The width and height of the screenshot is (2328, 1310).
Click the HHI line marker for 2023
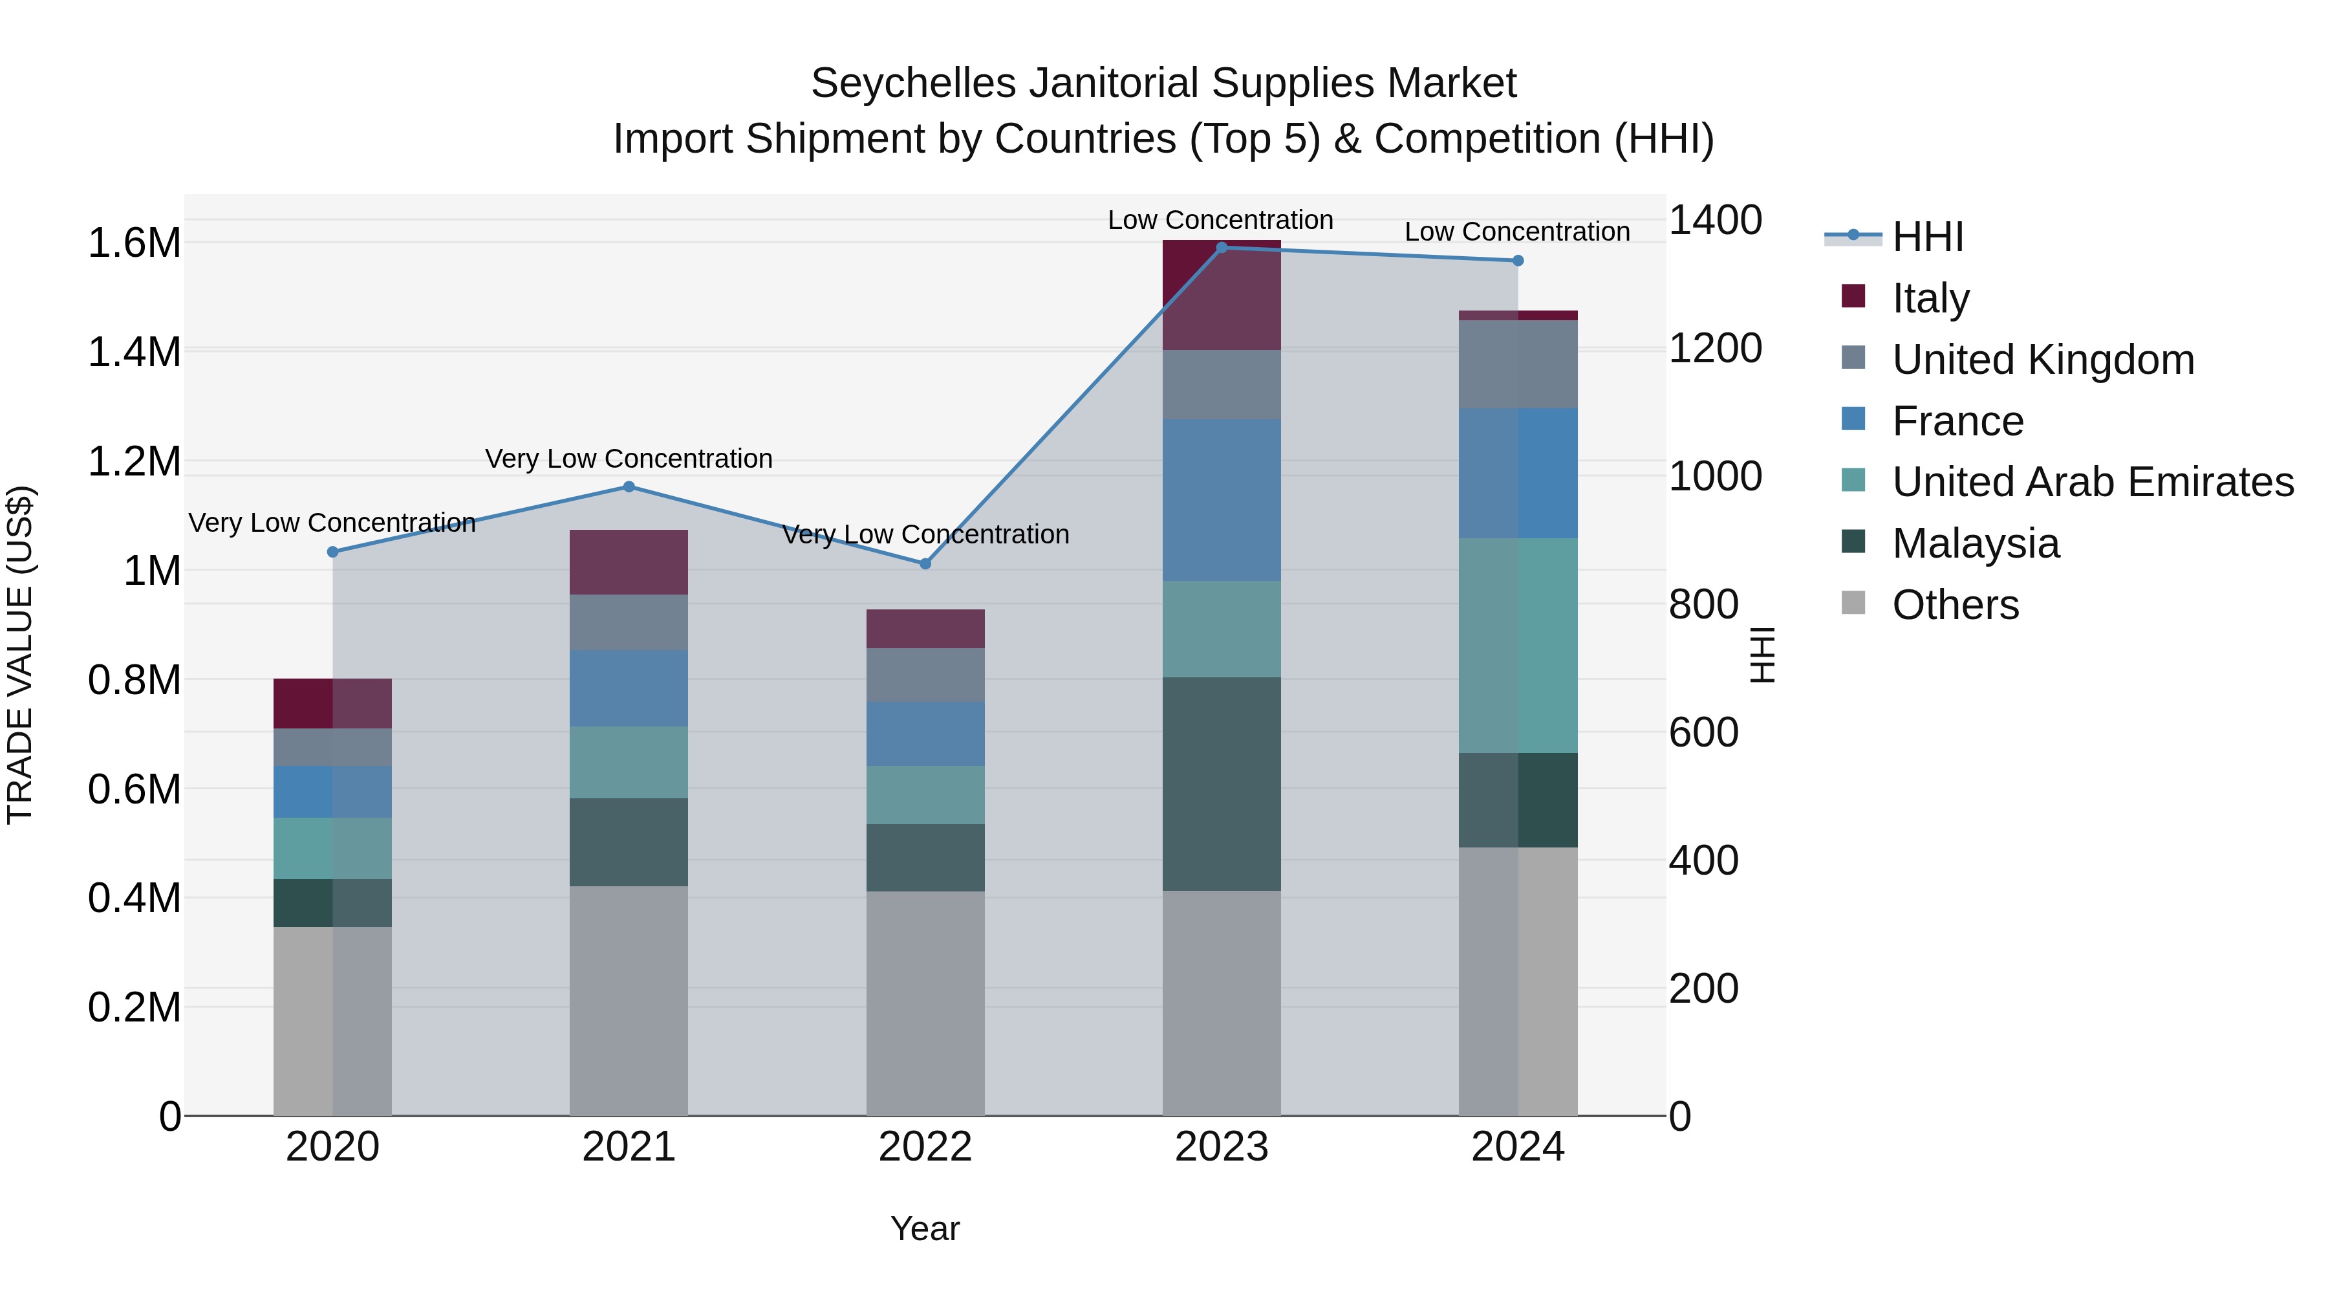1221,248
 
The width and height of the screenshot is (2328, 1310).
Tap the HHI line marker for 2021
629,487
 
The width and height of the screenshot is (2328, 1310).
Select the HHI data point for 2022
925,564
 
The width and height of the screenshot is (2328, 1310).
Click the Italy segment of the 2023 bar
1221,295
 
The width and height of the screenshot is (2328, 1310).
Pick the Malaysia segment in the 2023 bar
1221,784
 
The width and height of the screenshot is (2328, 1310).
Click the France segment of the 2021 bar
629,688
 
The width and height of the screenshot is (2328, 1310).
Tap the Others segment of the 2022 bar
925,1003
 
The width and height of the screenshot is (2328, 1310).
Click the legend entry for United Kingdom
2042,360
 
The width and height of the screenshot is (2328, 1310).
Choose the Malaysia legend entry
1975,543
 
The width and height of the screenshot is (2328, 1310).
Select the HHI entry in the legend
1927,237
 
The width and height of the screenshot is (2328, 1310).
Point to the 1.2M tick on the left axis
134,462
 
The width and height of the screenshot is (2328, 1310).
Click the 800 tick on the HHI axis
1703,604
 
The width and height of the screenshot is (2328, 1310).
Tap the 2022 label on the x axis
925,1147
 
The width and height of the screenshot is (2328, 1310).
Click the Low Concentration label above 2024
1516,232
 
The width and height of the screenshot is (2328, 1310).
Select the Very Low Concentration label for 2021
629,459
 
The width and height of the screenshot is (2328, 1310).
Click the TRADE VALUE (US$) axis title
21,655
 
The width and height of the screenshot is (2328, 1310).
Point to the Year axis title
925,1228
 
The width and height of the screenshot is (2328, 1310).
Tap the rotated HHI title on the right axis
1762,655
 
